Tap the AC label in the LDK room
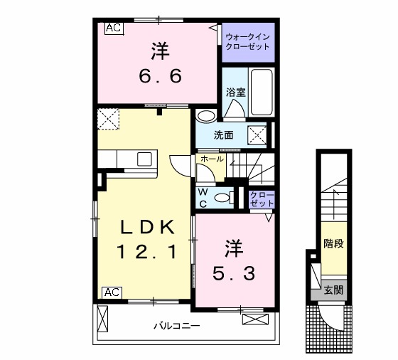(112, 292)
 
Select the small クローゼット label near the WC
(262, 199)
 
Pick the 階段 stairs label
(333, 244)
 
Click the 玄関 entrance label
(333, 290)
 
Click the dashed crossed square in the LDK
(109, 119)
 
